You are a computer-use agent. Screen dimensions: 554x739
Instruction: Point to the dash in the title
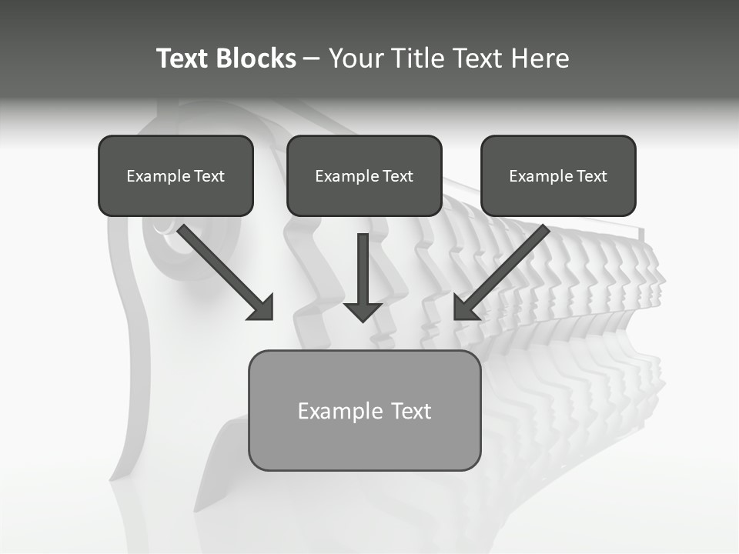point(312,59)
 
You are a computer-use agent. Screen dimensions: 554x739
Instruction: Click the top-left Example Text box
point(176,175)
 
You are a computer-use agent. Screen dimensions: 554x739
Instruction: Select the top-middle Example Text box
point(364,175)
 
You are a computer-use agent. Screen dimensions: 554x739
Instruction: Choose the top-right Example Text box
point(558,175)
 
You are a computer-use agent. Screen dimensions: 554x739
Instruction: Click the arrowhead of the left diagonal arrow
point(262,308)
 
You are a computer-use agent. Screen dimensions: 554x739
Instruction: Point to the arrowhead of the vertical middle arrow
point(363,311)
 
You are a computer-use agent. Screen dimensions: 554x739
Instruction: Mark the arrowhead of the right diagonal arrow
point(466,308)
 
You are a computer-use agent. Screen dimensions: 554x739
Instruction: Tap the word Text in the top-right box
point(591,176)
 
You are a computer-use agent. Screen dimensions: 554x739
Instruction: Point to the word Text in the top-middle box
point(397,176)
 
